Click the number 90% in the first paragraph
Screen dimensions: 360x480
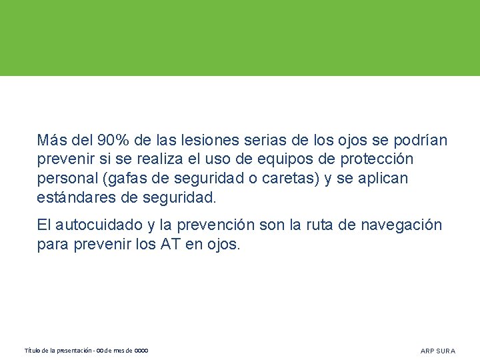[x=113, y=141]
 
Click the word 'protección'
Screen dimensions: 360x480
[x=377, y=160]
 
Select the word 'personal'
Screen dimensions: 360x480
[x=64, y=179]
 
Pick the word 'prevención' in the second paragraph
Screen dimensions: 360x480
[x=219, y=225]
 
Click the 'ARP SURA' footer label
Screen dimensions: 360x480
[x=438, y=351]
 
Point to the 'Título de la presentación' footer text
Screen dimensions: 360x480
[x=59, y=351]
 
